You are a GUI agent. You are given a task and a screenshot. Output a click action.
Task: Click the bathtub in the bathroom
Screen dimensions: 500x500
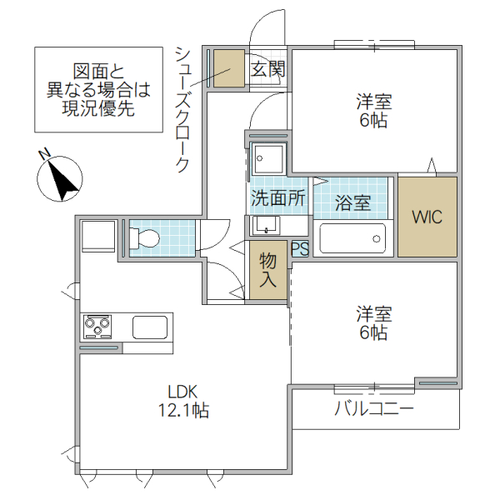pos(352,239)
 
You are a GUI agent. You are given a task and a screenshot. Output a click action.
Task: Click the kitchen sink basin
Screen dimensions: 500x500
pos(150,327)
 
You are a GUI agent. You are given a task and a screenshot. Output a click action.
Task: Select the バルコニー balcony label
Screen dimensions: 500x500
pos(374,409)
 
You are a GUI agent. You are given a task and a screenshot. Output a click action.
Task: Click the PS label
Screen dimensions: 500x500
pos(299,248)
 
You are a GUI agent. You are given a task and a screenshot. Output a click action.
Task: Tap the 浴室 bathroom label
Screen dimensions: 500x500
pos(352,201)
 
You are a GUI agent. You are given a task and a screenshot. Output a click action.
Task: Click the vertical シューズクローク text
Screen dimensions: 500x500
pos(182,108)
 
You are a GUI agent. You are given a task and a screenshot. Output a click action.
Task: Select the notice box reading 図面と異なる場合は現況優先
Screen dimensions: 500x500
pos(98,88)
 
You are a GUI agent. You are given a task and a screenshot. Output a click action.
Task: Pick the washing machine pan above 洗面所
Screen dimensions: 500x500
pos(269,157)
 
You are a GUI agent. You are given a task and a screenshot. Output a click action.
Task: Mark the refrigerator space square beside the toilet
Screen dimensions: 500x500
pos(98,236)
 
